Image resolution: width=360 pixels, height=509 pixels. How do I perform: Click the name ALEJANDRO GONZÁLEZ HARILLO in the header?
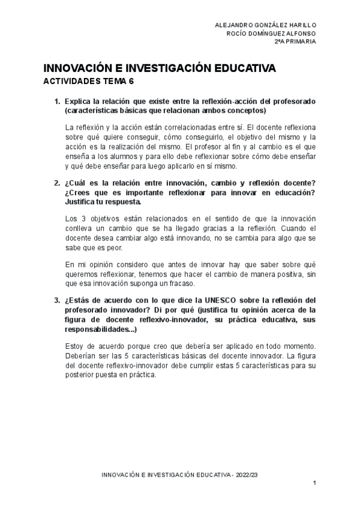pyautogui.click(x=266, y=24)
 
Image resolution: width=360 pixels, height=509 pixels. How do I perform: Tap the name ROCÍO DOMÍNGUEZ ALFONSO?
pyautogui.click(x=272, y=33)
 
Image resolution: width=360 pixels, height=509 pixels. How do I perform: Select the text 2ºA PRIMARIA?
pyautogui.click(x=296, y=42)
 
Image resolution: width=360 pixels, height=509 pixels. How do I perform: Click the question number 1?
pyautogui.click(x=56, y=101)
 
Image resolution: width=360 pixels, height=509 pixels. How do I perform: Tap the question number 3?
pyautogui.click(x=56, y=300)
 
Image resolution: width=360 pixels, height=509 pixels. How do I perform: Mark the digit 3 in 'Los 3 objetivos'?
pyautogui.click(x=83, y=218)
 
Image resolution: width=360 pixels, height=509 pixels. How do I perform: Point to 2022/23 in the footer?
pyautogui.click(x=247, y=474)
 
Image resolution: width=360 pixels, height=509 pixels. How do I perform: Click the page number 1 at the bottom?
pyautogui.click(x=314, y=483)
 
